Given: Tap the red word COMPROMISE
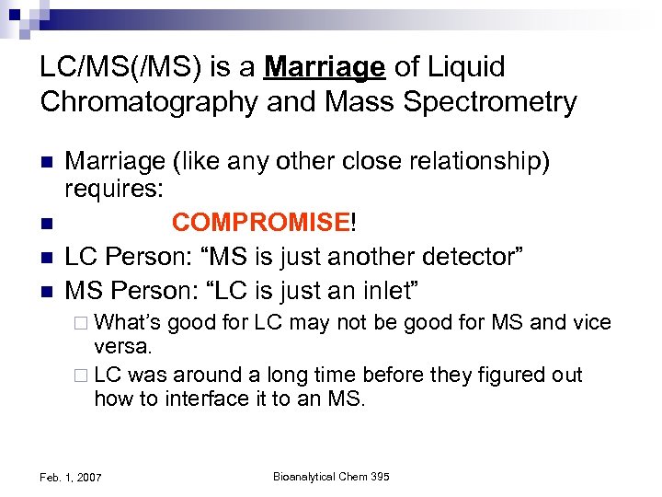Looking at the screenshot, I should point(259,223).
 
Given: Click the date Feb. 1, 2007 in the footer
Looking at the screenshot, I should point(72,478).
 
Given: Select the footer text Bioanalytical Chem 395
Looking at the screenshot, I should point(331,477).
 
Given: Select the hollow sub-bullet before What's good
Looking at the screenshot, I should point(80,323).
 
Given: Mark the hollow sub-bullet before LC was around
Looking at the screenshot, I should point(80,376).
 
